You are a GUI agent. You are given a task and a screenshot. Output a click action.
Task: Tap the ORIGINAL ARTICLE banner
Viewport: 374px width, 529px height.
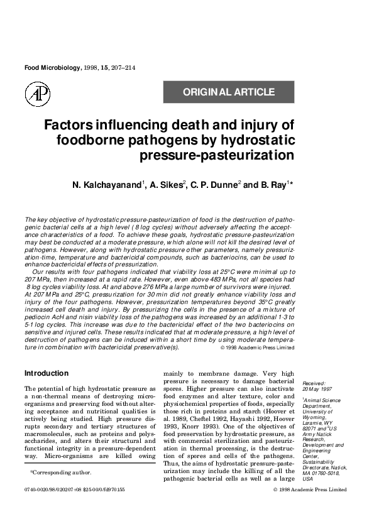click(229, 92)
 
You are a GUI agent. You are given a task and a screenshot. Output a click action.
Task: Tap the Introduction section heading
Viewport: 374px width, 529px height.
click(46, 373)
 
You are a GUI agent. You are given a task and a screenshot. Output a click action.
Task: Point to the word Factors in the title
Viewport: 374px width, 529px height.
click(69, 124)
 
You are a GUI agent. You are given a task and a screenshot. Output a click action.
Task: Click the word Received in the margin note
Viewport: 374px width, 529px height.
click(314, 383)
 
